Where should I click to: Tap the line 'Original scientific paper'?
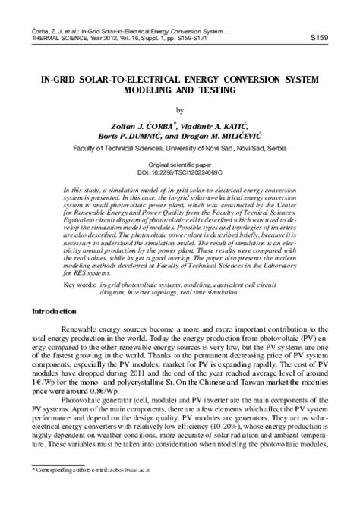(179, 165)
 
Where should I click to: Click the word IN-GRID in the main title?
(53, 79)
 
